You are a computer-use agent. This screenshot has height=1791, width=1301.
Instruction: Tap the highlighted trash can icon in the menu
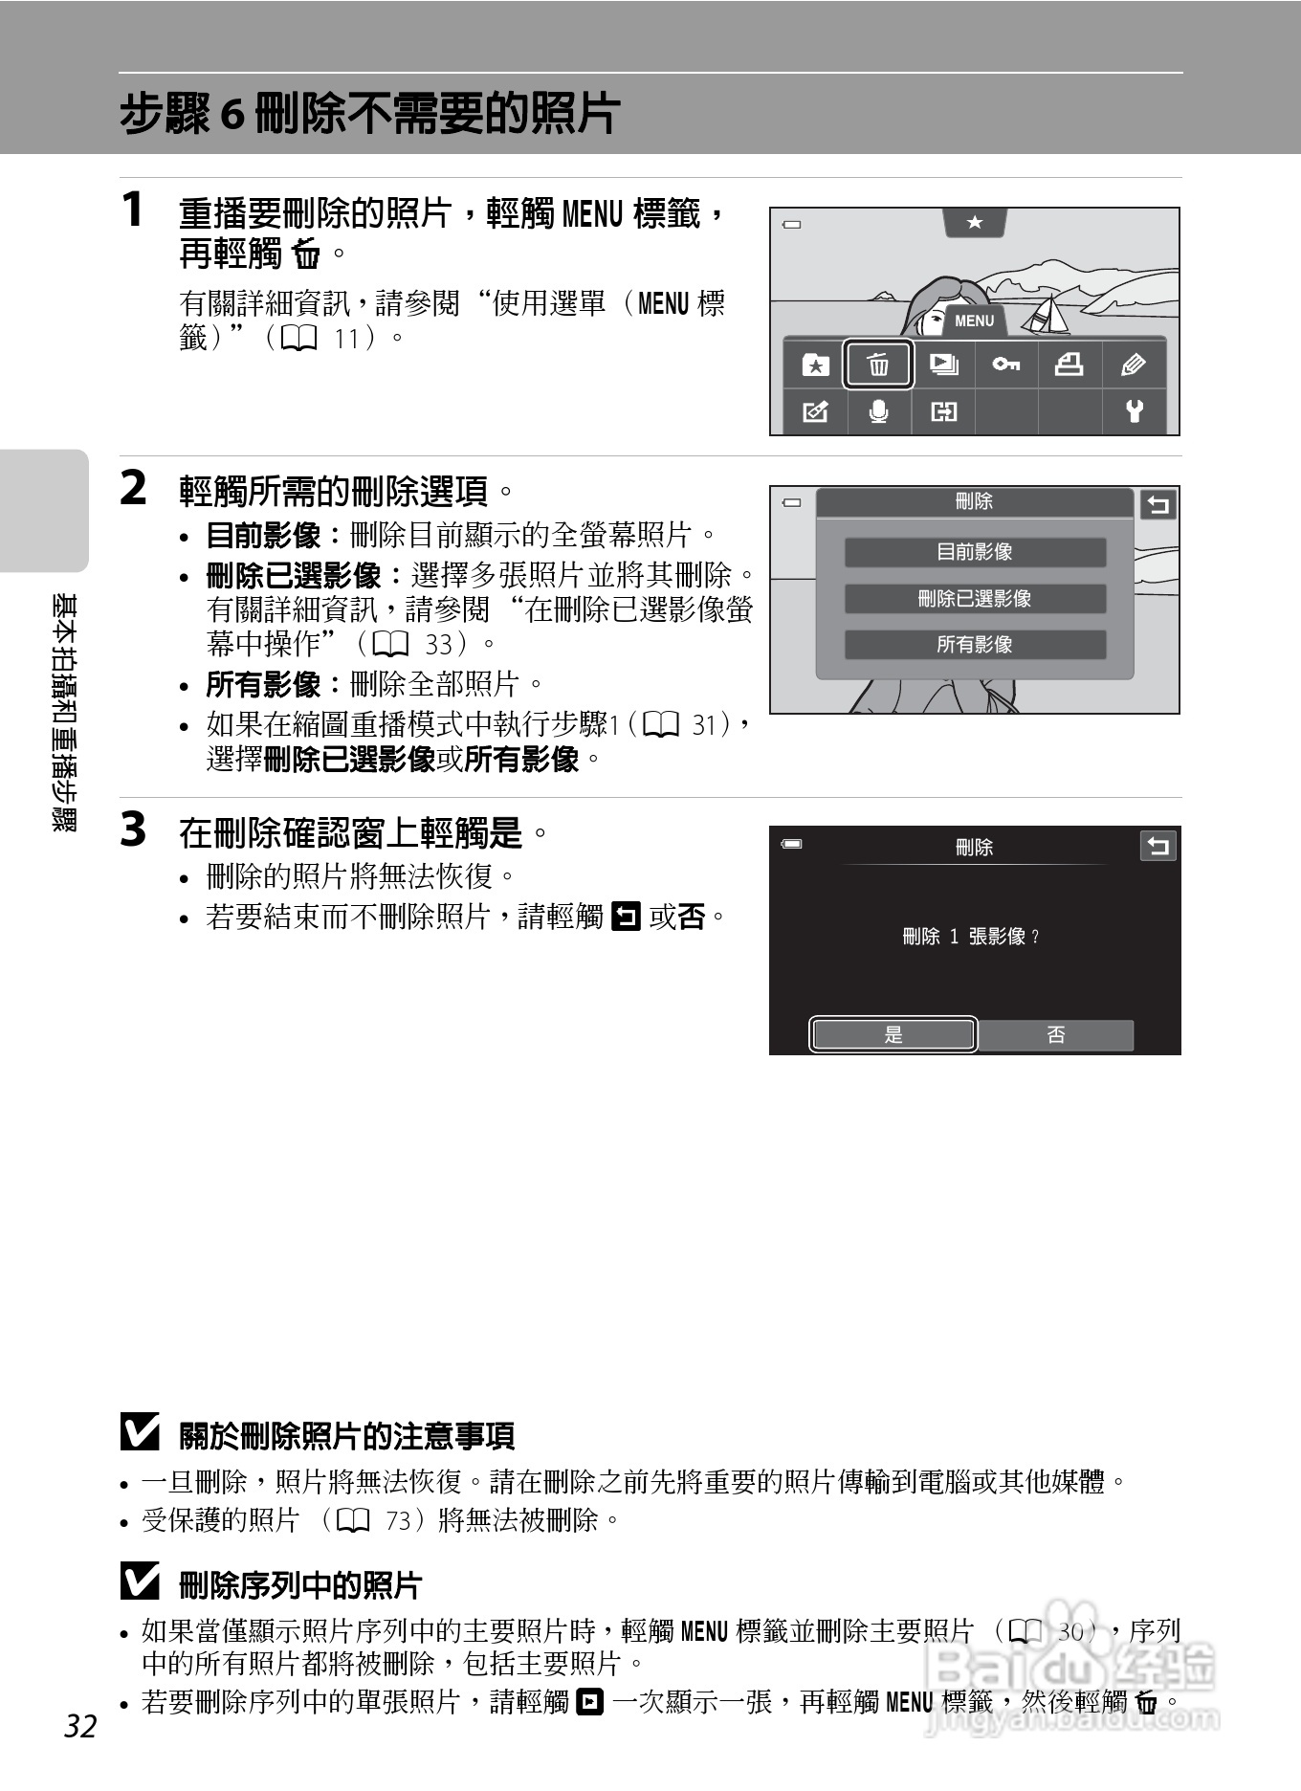point(878,365)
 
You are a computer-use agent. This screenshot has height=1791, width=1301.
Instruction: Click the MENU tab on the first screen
point(974,321)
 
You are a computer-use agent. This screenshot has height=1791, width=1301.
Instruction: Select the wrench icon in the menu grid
point(1134,411)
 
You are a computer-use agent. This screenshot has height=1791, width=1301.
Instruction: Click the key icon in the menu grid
point(1005,365)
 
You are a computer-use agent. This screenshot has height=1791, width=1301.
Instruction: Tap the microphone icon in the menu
point(878,411)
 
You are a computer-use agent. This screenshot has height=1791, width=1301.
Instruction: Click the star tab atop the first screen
point(974,222)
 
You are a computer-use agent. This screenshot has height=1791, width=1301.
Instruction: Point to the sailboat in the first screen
point(1048,316)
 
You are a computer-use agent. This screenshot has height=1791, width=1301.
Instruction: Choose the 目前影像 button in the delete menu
point(974,552)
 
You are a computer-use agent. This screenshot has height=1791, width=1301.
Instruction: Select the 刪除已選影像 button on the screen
point(974,599)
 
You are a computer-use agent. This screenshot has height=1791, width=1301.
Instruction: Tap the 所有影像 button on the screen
point(974,645)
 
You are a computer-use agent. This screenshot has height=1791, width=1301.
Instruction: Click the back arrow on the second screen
point(1158,504)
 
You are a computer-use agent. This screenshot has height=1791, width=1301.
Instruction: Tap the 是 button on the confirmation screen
point(893,1034)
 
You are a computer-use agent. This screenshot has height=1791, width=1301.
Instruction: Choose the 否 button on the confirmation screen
point(1055,1034)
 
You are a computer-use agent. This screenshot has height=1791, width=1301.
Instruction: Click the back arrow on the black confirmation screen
point(1158,846)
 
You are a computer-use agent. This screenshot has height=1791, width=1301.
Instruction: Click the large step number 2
point(134,488)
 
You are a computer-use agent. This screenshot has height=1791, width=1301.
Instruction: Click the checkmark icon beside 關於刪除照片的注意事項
point(140,1432)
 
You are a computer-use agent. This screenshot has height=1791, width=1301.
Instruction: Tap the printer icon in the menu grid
point(1069,365)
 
